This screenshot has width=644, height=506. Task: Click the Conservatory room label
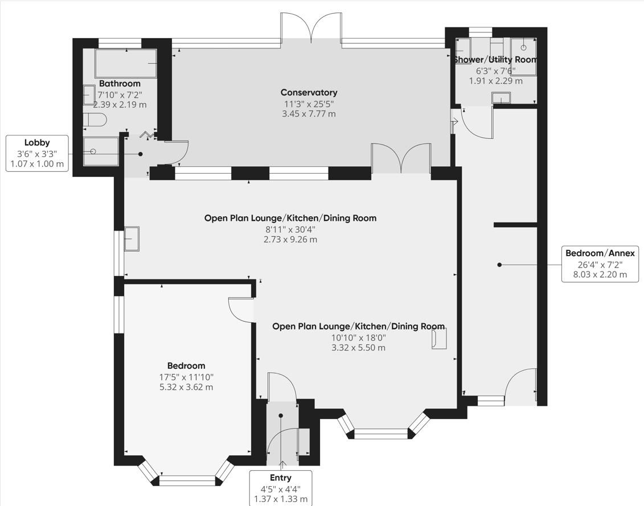tap(309, 92)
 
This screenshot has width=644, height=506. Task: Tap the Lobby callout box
tap(37, 154)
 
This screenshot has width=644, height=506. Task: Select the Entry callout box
tap(280, 488)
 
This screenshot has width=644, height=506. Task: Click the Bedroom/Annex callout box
tap(600, 264)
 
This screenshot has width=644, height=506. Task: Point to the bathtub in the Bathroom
tap(126, 63)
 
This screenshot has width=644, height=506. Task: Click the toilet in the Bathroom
tap(95, 120)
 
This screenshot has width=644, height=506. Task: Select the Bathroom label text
tap(120, 84)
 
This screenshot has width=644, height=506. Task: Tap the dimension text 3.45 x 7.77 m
tap(309, 114)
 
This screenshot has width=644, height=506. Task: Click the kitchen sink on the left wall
tap(132, 238)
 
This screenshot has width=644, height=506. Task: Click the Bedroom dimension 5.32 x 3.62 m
tap(186, 387)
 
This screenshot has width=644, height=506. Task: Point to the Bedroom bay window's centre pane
tap(187, 481)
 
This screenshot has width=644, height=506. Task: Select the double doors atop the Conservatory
tap(311, 28)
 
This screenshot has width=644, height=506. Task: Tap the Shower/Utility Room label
tap(495, 60)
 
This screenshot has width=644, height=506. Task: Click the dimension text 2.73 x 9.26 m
tap(290, 240)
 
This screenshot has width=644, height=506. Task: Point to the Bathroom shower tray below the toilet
tap(101, 151)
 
